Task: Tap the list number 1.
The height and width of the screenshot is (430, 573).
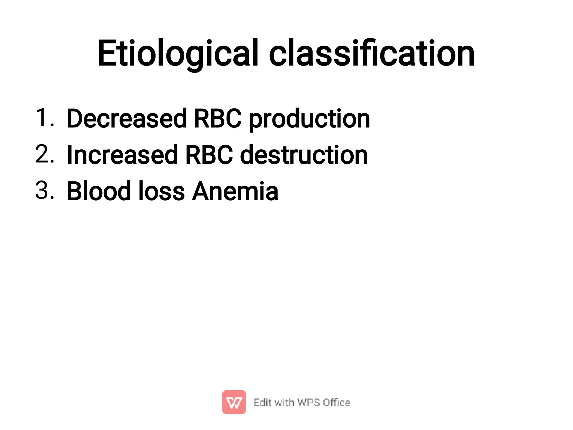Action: [44, 118]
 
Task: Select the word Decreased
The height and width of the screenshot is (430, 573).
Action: [127, 119]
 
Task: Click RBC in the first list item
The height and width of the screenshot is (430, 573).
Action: [218, 119]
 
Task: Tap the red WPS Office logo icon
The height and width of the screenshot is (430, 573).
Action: [234, 402]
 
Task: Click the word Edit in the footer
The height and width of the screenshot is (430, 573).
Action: [262, 403]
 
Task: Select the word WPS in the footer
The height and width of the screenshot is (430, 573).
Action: [309, 403]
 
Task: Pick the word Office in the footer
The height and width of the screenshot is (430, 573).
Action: [337, 403]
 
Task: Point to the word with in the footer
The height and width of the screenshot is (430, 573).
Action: [284, 403]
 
